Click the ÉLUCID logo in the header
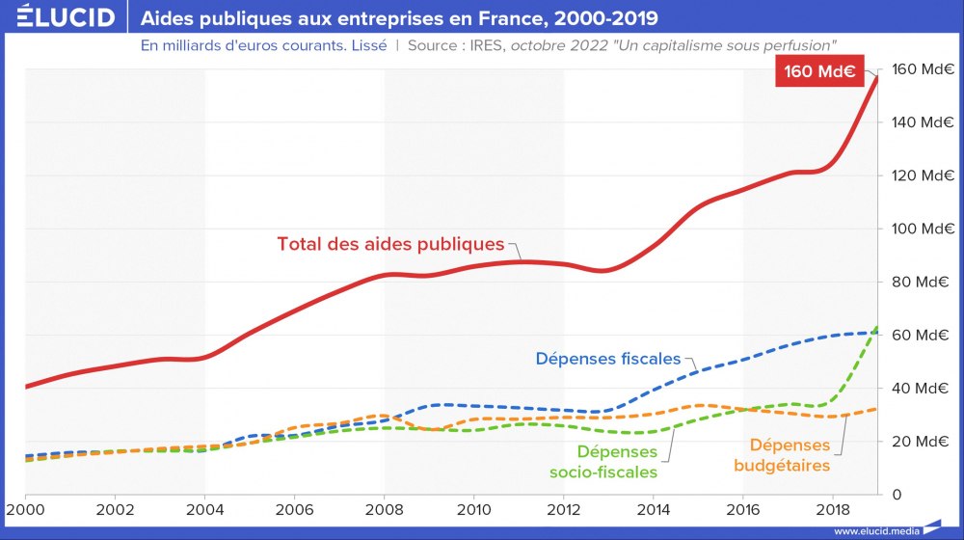click(x=60, y=18)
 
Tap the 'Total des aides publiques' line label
click(x=390, y=244)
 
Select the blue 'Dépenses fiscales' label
click(x=607, y=359)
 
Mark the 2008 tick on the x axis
click(x=384, y=508)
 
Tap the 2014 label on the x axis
click(x=653, y=508)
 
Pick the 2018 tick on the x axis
click(x=832, y=508)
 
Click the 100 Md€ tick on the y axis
click(x=917, y=229)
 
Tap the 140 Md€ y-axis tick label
click(x=917, y=123)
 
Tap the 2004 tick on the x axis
click(x=204, y=508)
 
